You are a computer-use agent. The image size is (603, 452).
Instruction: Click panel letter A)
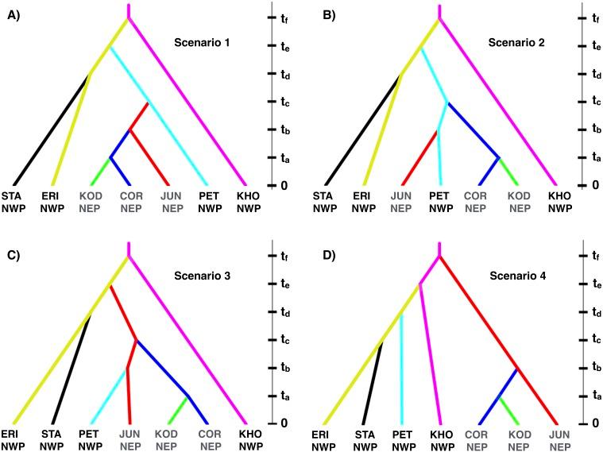click(x=14, y=10)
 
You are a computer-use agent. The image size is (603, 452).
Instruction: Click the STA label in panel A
click(x=12, y=195)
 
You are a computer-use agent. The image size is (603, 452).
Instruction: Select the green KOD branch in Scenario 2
click(x=509, y=171)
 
